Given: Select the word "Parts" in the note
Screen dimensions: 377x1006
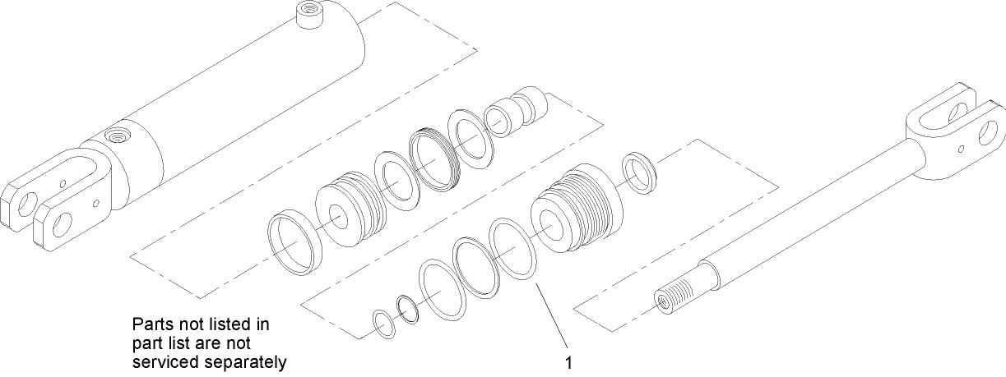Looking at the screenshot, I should pos(150,324).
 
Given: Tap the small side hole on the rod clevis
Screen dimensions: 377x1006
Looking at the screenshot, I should pos(962,149).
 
